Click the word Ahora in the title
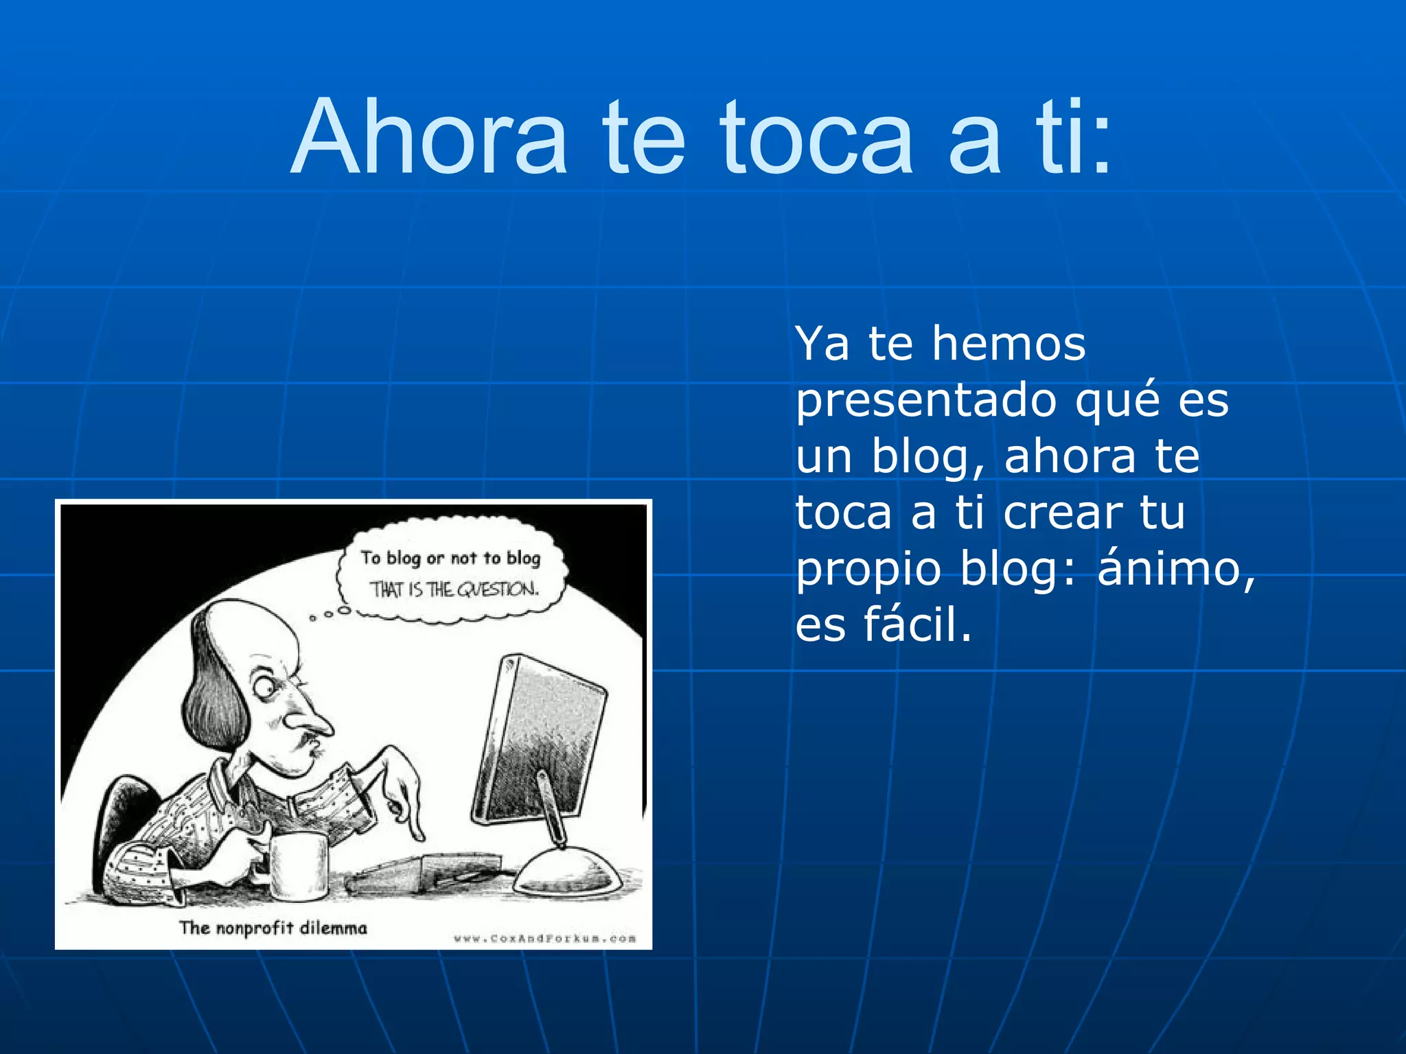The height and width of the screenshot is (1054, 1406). (430, 137)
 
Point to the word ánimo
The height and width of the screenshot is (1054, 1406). (1176, 569)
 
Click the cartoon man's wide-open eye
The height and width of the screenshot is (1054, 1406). (264, 685)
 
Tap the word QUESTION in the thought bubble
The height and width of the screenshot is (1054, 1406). (498, 589)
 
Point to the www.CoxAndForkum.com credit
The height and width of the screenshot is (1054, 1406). (544, 938)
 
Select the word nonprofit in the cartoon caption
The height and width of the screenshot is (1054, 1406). (253, 928)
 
